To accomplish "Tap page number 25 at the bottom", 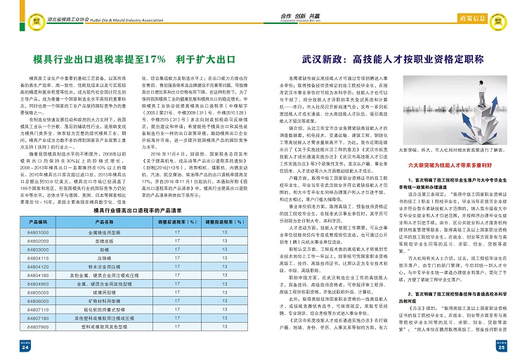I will click(501, 347).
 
